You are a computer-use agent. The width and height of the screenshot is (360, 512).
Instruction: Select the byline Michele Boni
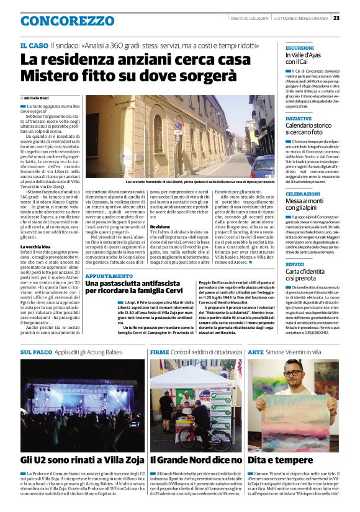click(x=38, y=98)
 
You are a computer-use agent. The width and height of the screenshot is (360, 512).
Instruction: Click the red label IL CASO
click(x=34, y=46)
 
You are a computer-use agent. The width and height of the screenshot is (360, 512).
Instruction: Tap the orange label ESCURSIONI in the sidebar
click(x=300, y=48)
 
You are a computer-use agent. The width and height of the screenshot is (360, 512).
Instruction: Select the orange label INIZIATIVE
click(x=299, y=118)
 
